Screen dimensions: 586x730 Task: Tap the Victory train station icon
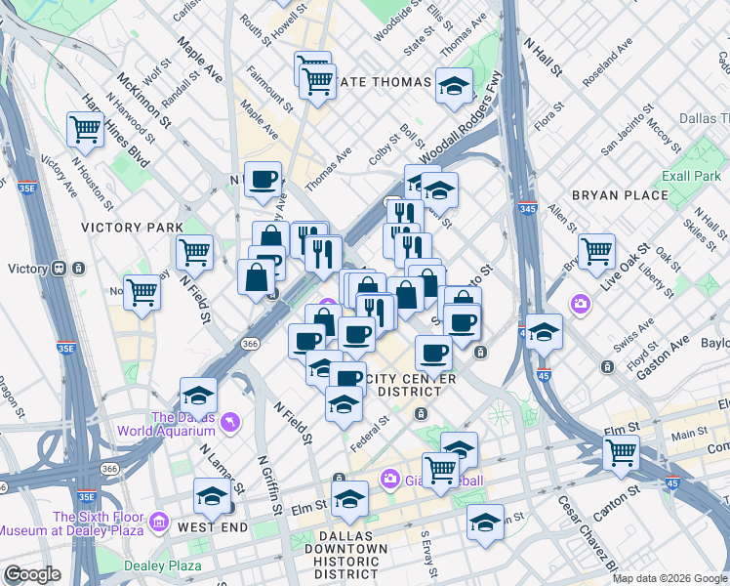[60, 269]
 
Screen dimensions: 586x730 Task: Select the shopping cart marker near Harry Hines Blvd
[86, 128]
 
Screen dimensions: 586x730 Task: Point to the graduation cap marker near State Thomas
[454, 87]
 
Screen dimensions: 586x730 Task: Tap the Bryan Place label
[620, 195]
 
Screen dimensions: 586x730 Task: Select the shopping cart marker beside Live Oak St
[595, 251]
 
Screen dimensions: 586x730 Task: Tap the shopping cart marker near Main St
[621, 452]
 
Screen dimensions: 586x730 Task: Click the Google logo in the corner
[32, 575]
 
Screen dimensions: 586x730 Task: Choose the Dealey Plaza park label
[164, 565]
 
